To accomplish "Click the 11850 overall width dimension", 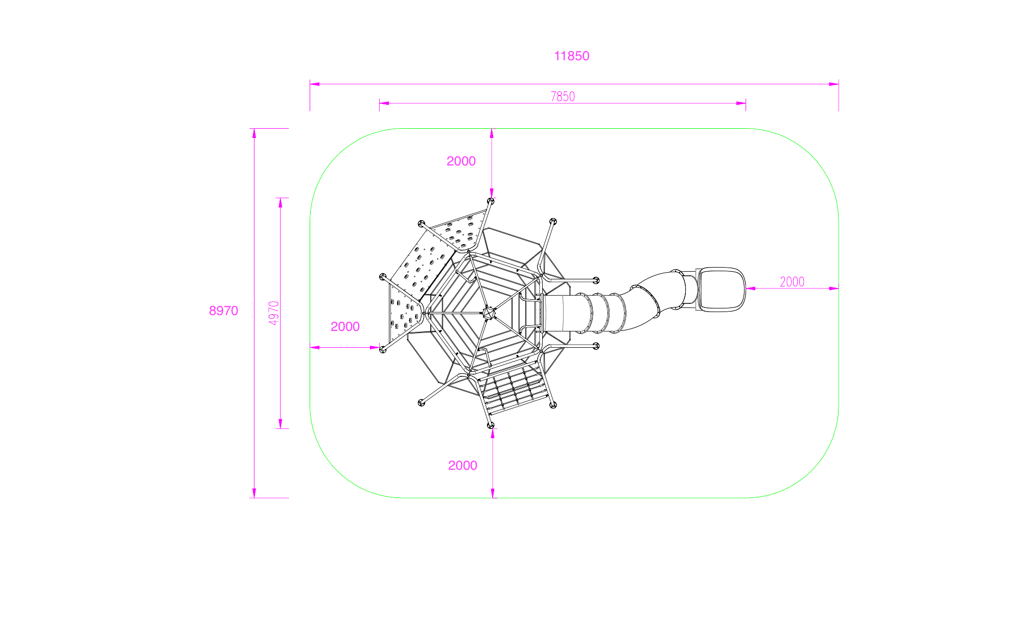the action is point(571,56).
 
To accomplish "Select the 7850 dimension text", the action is point(563,97).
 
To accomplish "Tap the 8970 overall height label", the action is point(223,310).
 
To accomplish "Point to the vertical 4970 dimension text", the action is point(274,313).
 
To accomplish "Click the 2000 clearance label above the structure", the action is point(461,161).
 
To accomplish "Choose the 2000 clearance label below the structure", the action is point(462,465).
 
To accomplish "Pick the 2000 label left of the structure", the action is point(345,326).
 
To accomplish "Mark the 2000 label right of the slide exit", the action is point(792,282).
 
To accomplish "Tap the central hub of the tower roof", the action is point(489,313).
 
